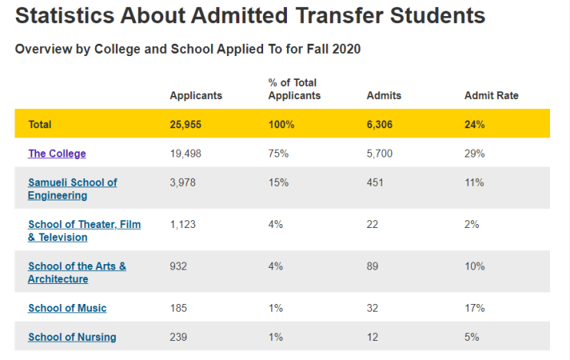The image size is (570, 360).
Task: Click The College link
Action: coord(57,154)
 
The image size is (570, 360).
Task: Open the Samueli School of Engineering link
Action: coord(72,189)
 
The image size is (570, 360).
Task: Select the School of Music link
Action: coord(68,308)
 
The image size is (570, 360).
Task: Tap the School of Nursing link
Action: coord(72,337)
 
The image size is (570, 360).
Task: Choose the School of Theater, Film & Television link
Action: coord(84,230)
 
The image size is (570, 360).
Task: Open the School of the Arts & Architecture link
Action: coord(77,272)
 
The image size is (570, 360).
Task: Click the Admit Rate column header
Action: coord(492,95)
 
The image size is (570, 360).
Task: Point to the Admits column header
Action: coord(384,95)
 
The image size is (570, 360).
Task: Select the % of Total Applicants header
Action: coord(295,89)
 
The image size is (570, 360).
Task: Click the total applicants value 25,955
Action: coord(186,124)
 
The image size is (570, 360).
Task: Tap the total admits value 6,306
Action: coord(380,124)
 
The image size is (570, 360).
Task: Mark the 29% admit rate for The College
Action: coord(474,154)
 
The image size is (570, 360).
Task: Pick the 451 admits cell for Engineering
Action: coord(375,182)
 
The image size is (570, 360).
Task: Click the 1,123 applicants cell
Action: coord(183,224)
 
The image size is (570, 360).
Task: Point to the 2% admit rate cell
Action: coord(472,224)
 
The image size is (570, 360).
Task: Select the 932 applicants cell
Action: coord(178,266)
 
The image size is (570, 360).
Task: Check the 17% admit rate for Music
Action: coord(474,308)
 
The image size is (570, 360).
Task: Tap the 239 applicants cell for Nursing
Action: coord(178,337)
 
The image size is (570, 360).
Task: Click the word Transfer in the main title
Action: coord(340,15)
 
